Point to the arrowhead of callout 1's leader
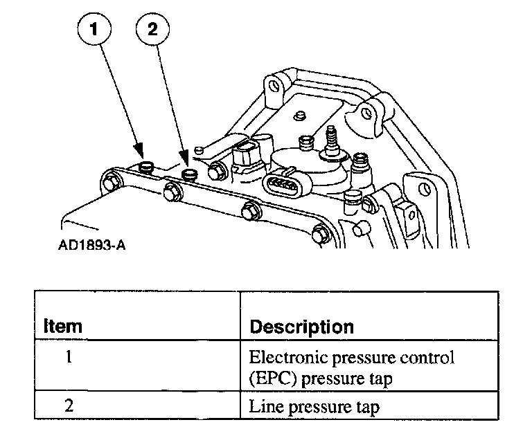[x=141, y=153]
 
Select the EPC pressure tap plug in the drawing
[x=146, y=167]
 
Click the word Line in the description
[x=263, y=408]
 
